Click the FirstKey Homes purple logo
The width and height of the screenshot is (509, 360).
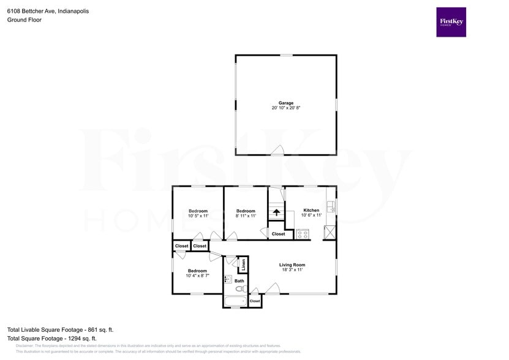(x=451, y=22)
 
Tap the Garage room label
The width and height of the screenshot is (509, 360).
(x=286, y=103)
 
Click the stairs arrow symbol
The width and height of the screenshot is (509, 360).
(x=276, y=213)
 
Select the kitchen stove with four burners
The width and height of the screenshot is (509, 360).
(x=303, y=233)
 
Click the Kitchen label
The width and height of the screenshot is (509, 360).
(x=311, y=210)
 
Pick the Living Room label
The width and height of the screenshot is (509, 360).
(x=292, y=264)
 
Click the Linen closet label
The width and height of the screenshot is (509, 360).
(x=243, y=265)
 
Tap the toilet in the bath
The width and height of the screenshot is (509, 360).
(x=240, y=289)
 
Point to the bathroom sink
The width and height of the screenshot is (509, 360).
(x=227, y=279)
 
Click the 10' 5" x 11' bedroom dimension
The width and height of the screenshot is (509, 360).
(x=198, y=216)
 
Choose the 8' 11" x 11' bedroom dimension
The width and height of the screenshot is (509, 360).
(x=246, y=216)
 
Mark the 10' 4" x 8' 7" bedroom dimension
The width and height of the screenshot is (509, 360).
(x=197, y=276)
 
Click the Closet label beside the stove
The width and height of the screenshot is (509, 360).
(x=278, y=234)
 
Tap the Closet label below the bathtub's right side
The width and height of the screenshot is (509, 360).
(x=255, y=301)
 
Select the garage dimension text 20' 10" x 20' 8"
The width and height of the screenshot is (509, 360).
(x=286, y=108)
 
